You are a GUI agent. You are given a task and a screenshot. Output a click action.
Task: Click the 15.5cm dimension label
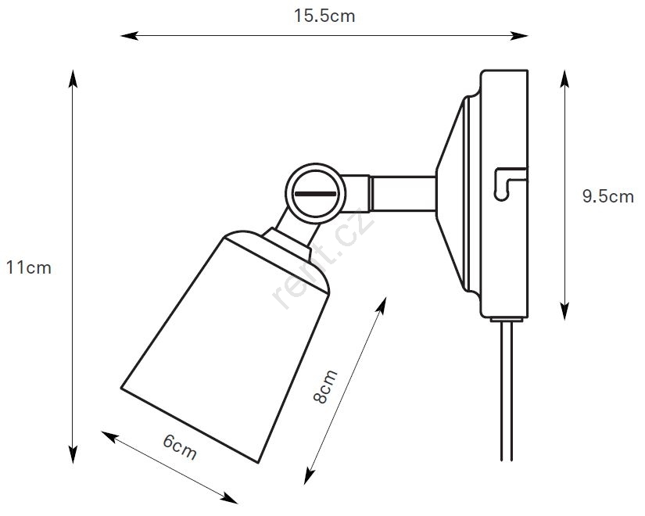(324, 16)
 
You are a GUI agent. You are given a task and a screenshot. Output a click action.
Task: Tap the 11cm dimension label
(29, 268)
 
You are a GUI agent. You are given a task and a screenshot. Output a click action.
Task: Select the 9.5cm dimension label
(608, 196)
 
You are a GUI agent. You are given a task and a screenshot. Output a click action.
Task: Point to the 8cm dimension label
(325, 387)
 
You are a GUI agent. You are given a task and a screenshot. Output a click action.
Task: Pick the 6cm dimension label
(180, 447)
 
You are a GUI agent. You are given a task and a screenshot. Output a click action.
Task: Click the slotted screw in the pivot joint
(316, 193)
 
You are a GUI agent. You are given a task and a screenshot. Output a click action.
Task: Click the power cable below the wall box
(507, 390)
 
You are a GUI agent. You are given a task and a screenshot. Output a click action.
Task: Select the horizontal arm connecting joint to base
(403, 193)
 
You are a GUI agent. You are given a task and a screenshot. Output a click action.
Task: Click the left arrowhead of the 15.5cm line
(129, 36)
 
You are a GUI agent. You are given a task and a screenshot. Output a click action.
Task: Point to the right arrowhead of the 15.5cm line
(518, 36)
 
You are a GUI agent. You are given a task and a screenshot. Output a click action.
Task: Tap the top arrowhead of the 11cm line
(73, 79)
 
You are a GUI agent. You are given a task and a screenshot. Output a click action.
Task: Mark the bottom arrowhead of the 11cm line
(73, 454)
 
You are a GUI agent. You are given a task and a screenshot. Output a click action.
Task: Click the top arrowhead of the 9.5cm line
(564, 79)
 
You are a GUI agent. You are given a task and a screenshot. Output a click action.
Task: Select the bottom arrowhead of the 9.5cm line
(564, 310)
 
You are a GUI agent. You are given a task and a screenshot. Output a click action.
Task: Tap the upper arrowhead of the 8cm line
(382, 306)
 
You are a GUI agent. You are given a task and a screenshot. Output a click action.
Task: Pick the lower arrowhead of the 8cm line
(310, 475)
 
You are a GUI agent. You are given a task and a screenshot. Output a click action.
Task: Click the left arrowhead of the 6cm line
(110, 436)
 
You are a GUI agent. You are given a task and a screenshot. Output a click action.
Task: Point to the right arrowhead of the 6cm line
(229, 498)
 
